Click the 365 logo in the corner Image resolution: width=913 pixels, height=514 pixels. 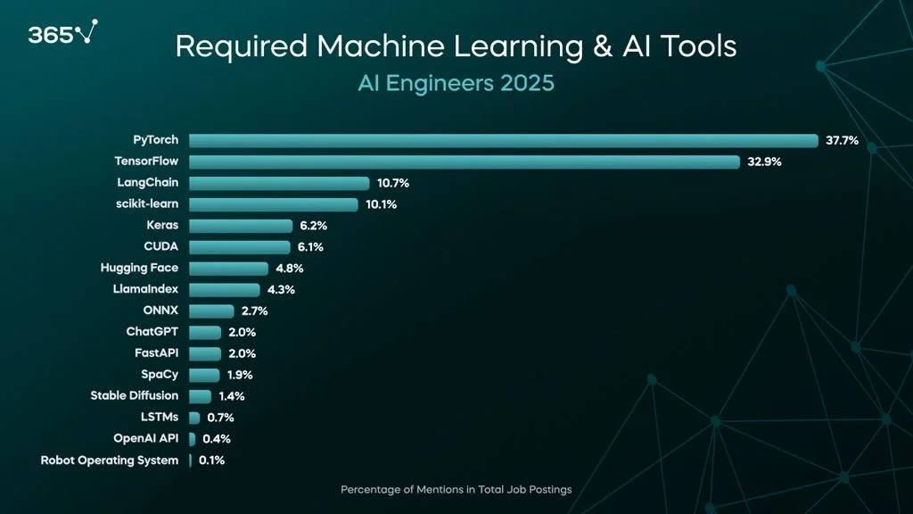[x=61, y=34]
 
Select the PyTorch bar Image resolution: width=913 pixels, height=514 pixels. [x=503, y=140]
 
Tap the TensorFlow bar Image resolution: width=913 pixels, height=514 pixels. [x=464, y=162]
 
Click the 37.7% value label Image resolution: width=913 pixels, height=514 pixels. [x=842, y=140]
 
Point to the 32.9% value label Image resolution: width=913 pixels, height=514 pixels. [x=764, y=162]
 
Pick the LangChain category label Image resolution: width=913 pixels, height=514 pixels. [x=147, y=183]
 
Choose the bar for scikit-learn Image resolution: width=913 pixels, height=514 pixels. [x=274, y=204]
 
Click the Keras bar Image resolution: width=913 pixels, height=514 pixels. [x=241, y=226]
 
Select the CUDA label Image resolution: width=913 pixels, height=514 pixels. [x=160, y=247]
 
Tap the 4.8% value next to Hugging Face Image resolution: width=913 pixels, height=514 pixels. [x=290, y=269]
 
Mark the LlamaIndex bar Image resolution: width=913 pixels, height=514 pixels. [x=225, y=290]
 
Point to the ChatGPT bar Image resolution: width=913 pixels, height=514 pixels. [x=205, y=332]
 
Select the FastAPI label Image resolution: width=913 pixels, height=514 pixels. [x=156, y=353]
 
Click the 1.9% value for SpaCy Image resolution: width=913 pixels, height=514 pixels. [x=241, y=375]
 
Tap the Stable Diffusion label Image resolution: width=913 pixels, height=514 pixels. [x=134, y=395]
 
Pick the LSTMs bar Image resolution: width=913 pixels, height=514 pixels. [x=194, y=417]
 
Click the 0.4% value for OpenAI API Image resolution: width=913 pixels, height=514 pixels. [x=216, y=439]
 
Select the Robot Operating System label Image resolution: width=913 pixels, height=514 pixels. [x=109, y=460]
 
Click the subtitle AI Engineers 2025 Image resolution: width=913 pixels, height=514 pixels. [x=456, y=83]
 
